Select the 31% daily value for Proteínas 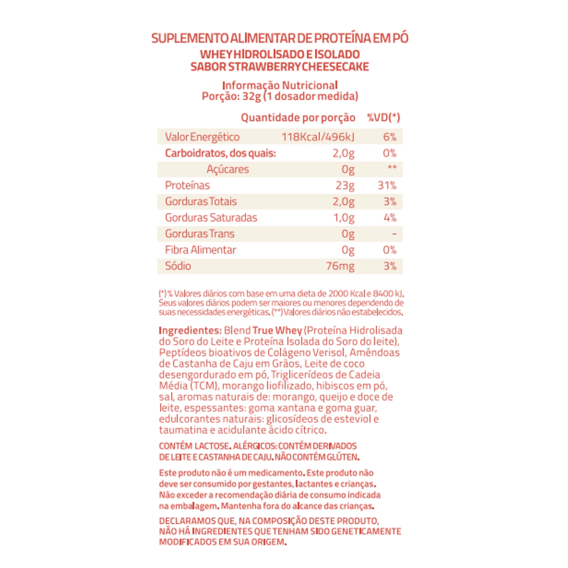click(x=387, y=185)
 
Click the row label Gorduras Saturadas click(x=211, y=218)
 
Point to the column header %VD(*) click(x=383, y=118)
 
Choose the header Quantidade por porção click(x=298, y=118)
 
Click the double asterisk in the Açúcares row click(x=391, y=169)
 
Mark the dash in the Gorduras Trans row click(x=394, y=234)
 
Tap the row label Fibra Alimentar click(x=200, y=250)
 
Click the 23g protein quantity click(x=345, y=185)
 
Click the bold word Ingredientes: click(x=190, y=331)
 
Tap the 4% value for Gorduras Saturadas click(x=390, y=218)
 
